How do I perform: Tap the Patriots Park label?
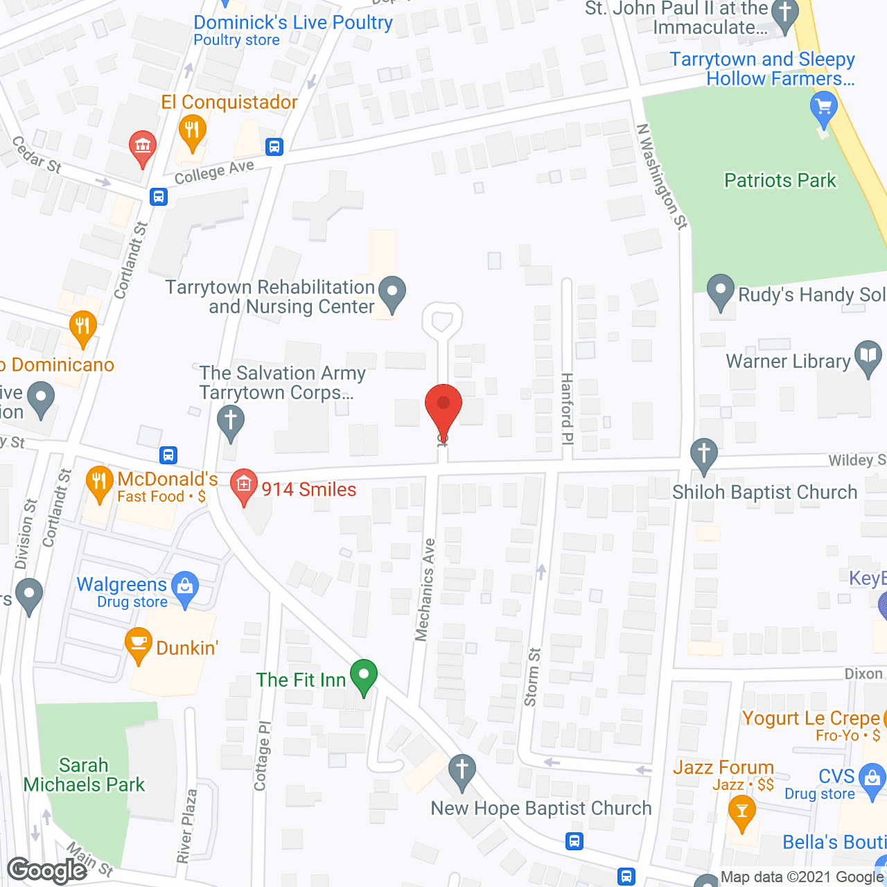[780, 181]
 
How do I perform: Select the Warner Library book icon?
[868, 357]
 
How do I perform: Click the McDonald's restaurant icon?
[99, 482]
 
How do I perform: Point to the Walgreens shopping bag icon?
[184, 588]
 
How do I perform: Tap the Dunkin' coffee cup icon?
[139, 644]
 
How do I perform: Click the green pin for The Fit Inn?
[363, 676]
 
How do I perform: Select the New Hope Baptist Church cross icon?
[462, 771]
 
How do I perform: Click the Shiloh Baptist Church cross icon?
[704, 455]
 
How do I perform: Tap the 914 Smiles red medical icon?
[243, 486]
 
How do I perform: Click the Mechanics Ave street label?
[425, 590]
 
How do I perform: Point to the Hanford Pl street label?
[567, 409]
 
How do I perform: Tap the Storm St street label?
[532, 677]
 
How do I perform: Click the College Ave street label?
[214, 173]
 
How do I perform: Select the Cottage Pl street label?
[261, 756]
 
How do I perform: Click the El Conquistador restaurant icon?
[192, 132]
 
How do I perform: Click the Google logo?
[47, 870]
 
